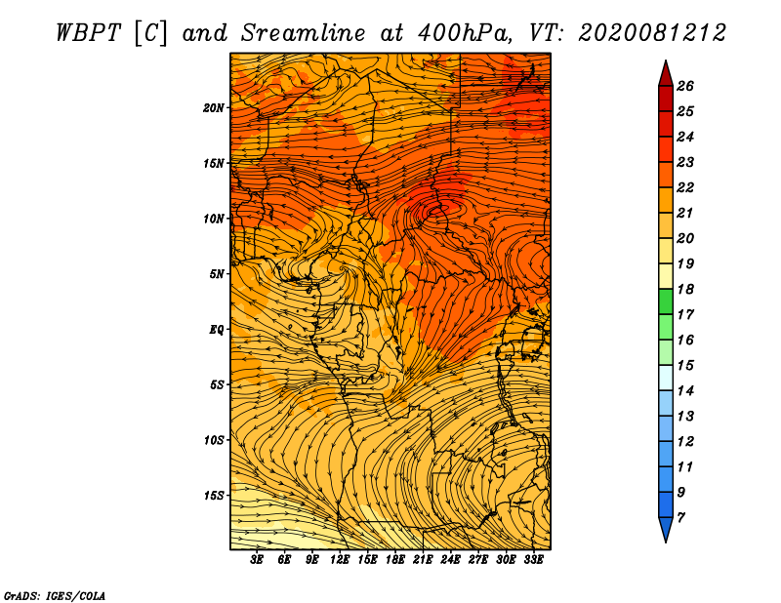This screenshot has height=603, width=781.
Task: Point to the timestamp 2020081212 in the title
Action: point(652,32)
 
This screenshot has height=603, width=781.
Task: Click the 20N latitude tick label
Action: point(214,107)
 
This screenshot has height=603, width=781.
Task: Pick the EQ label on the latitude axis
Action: point(217,329)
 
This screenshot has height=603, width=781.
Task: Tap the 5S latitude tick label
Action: point(217,384)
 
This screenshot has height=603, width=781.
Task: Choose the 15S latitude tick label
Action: point(214,495)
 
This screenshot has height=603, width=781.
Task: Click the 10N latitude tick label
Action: point(214,219)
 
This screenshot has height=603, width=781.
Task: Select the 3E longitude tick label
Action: point(258,560)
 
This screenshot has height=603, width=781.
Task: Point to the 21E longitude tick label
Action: point(423,560)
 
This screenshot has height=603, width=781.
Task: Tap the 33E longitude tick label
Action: point(533,560)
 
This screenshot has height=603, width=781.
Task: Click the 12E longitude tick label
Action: point(340,560)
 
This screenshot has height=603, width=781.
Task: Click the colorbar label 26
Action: point(684,86)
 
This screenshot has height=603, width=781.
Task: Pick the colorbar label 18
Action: point(684,289)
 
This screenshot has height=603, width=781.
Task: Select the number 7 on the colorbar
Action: point(680,517)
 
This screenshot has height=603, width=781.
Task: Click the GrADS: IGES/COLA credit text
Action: point(55,594)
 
